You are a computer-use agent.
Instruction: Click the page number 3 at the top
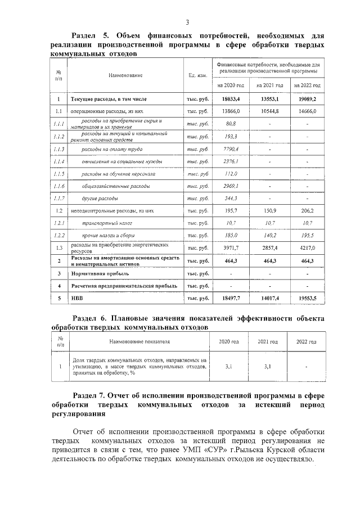pos(187,21)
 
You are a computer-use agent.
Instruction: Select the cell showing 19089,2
pos(307,99)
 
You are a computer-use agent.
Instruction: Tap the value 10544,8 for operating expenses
pos(269,111)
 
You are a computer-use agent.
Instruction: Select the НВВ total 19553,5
pos(307,298)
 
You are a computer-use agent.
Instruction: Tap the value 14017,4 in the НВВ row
pos(269,298)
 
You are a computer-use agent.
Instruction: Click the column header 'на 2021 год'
pos(269,85)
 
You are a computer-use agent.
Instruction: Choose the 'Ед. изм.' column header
pos(198,75)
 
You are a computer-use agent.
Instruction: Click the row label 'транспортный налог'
pos(103,223)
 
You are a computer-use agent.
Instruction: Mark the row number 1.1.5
pos(58,174)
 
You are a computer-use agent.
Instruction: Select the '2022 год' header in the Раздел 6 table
pos(302,341)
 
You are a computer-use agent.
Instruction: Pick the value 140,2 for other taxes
pos(269,235)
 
